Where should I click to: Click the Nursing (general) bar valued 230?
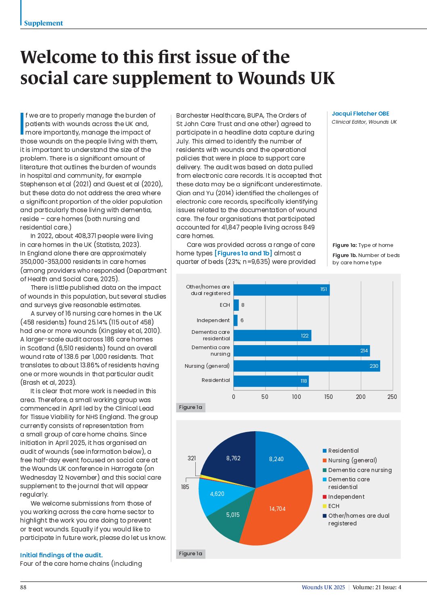pyautogui.click(x=307, y=366)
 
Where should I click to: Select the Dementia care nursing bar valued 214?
pyautogui.click(x=301, y=351)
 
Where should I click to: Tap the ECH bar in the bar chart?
pyautogui.click(x=237, y=305)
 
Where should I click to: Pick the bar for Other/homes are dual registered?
pyautogui.click(x=282, y=290)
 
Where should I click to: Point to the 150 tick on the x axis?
pyautogui.click(x=329, y=397)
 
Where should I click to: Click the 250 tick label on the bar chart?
pyautogui.click(x=392, y=397)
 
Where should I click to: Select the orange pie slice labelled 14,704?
pyautogui.click(x=278, y=513)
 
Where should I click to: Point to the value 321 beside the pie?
pyautogui.click(x=192, y=458)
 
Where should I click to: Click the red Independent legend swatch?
pyautogui.click(x=324, y=497)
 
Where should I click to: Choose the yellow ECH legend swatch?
pyautogui.click(x=324, y=506)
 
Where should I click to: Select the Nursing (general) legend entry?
pyautogui.click(x=352, y=460)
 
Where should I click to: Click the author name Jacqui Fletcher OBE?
pyautogui.click(x=360, y=114)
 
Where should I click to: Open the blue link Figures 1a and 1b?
pyautogui.click(x=243, y=253)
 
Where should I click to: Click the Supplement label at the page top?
pyautogui.click(x=43, y=23)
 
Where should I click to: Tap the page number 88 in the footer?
pyautogui.click(x=23, y=587)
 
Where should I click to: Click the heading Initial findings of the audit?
pyautogui.click(x=61, y=555)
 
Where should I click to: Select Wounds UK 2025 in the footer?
pyautogui.click(x=323, y=587)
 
